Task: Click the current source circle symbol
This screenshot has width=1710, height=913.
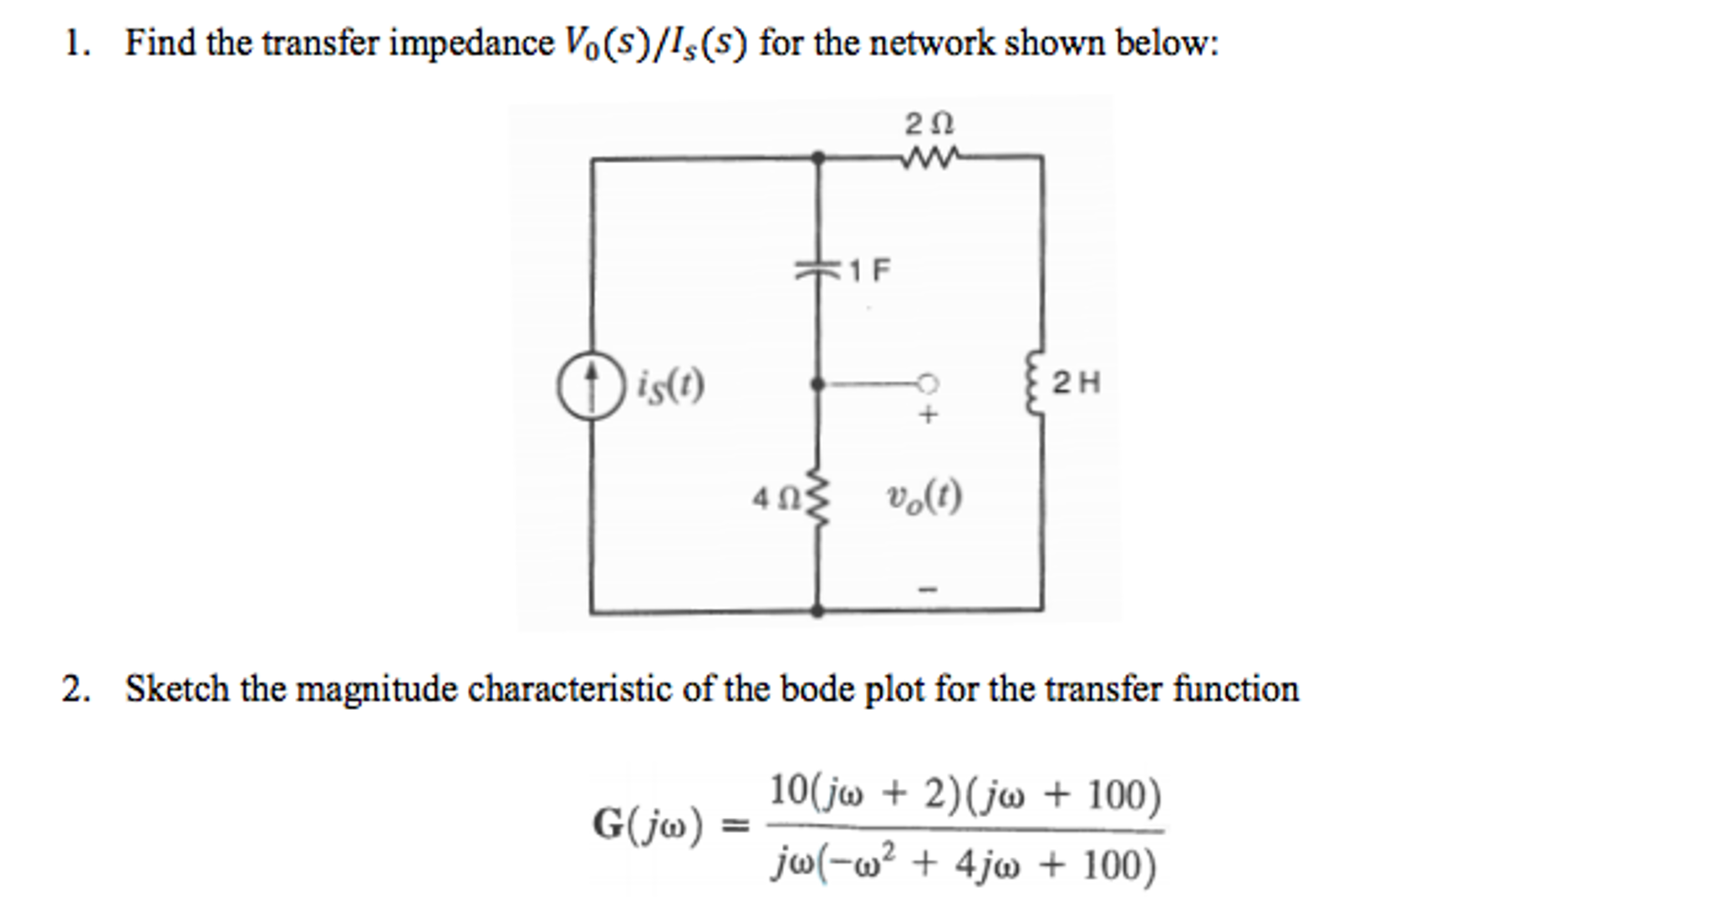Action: coord(591,384)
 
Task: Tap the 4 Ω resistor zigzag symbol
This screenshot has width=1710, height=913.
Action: coord(818,499)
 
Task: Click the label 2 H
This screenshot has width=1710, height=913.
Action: coord(1076,383)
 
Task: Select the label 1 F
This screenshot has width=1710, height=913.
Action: coord(870,270)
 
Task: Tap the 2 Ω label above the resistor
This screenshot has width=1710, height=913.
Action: coord(929,124)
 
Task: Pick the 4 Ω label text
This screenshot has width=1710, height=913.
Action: coord(775,500)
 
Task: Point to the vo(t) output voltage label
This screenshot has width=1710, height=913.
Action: coord(924,498)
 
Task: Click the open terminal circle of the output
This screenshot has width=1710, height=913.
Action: coord(927,384)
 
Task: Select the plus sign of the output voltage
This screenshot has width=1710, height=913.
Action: coord(928,414)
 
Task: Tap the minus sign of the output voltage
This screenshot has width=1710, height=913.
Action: coord(928,590)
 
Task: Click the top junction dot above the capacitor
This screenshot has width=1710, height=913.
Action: coord(818,157)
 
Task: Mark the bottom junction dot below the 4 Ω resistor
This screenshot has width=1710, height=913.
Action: coord(817,611)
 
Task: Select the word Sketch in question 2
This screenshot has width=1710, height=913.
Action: coord(177,689)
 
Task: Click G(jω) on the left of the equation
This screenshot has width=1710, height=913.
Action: coord(648,826)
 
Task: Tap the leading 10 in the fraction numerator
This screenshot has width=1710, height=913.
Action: coord(787,790)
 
